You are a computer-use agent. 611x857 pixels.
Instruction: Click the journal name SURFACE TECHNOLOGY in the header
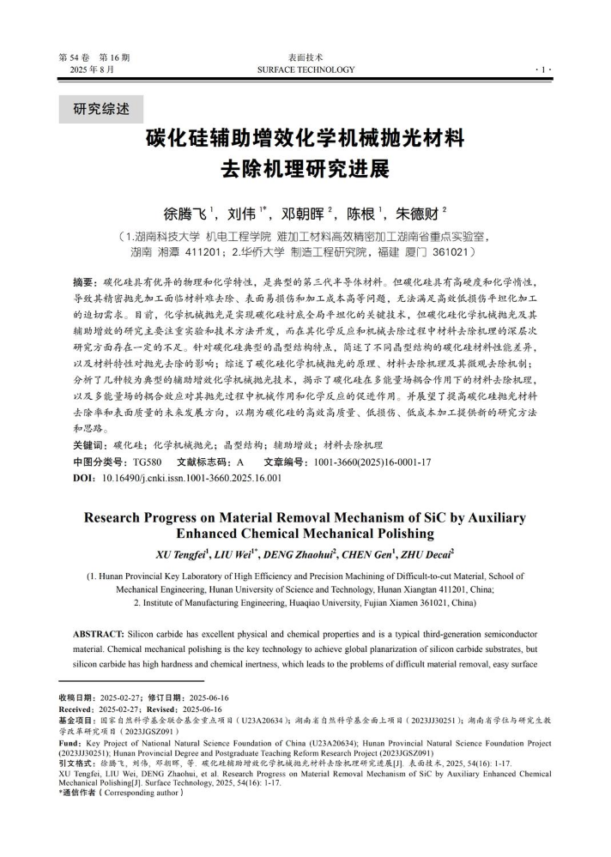click(305, 69)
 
